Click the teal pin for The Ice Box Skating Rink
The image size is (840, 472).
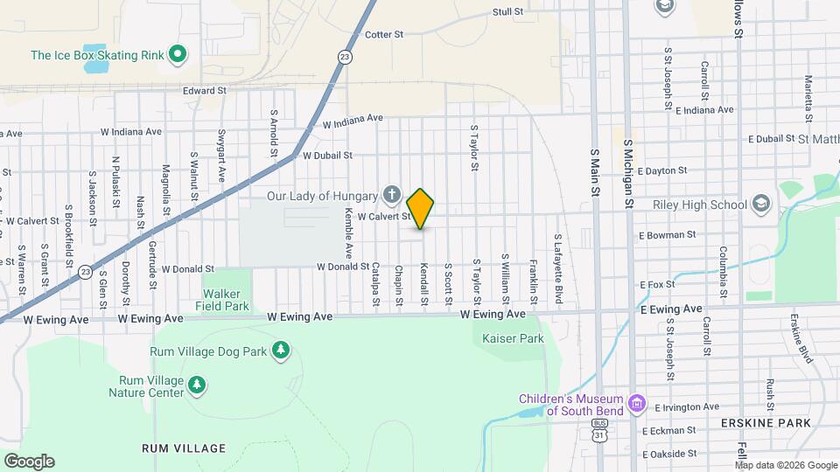[178, 55]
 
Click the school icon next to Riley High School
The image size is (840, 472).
[760, 205]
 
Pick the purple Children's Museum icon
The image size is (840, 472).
[638, 405]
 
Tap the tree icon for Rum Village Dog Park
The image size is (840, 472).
[280, 351]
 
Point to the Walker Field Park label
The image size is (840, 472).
[227, 300]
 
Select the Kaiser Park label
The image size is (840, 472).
[513, 338]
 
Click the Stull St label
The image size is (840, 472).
[507, 12]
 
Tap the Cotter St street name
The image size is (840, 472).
[384, 35]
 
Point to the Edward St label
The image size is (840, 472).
[205, 90]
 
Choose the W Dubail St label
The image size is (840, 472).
[327, 156]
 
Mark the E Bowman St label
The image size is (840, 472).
[667, 235]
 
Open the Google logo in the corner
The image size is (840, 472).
[29, 461]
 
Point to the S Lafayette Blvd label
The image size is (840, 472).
[556, 262]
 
